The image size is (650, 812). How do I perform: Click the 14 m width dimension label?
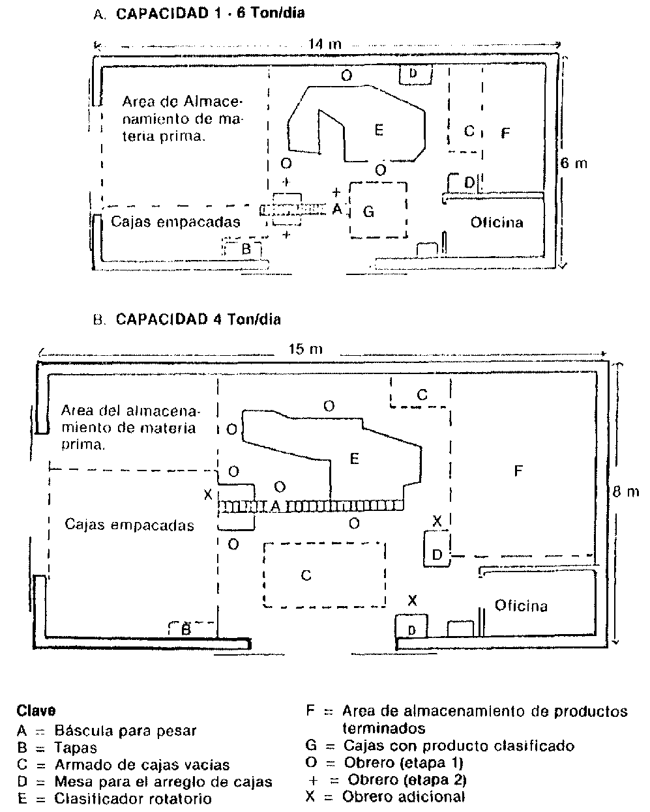(x=324, y=44)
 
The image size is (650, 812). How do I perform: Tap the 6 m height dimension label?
(x=574, y=163)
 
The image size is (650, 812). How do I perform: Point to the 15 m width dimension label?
(x=305, y=349)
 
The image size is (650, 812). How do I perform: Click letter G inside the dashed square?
(x=369, y=212)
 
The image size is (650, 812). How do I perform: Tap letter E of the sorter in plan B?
(x=354, y=459)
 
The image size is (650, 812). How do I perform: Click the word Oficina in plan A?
(x=497, y=223)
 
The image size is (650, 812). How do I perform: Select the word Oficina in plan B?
(x=521, y=605)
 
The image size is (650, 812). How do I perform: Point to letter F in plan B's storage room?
(x=518, y=471)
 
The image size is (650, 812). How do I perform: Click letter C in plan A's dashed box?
(x=468, y=131)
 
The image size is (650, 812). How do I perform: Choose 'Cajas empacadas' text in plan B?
(x=129, y=525)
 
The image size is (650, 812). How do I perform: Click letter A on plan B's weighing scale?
(x=276, y=506)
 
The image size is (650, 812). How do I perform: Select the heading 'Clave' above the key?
(x=36, y=710)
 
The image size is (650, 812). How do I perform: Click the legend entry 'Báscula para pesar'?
(x=125, y=731)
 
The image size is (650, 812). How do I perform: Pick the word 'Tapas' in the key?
(x=76, y=747)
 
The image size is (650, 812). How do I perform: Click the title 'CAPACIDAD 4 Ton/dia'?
(x=198, y=319)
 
